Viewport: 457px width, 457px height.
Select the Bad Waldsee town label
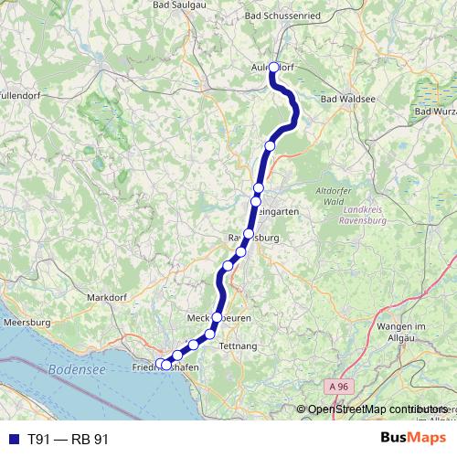point(349,98)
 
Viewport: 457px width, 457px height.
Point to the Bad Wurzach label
point(435,112)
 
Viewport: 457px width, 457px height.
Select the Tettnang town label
point(236,345)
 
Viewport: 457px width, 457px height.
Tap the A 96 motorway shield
point(340,388)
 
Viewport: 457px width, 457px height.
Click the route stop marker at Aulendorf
point(273,66)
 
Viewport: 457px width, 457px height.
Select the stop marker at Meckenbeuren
point(218,318)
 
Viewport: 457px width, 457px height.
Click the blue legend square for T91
point(12,439)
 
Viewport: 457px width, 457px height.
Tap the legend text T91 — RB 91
point(69,439)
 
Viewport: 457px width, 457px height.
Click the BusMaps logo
point(413,438)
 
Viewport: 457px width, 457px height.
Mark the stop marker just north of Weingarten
point(257,189)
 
